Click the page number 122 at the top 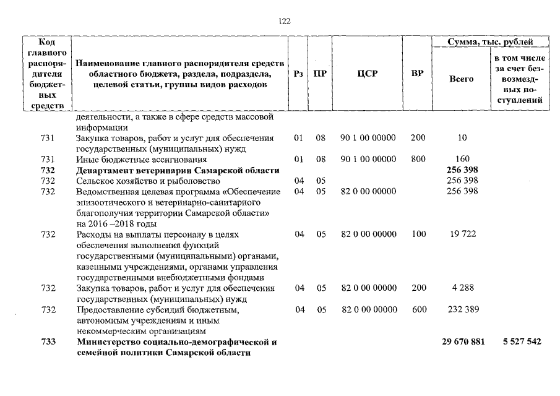[285, 21]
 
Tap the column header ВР [418, 74]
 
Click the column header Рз [299, 74]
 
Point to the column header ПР [320, 74]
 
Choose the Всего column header [461, 79]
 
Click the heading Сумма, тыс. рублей [491, 41]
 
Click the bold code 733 [48, 342]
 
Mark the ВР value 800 [418, 159]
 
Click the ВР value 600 [418, 309]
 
